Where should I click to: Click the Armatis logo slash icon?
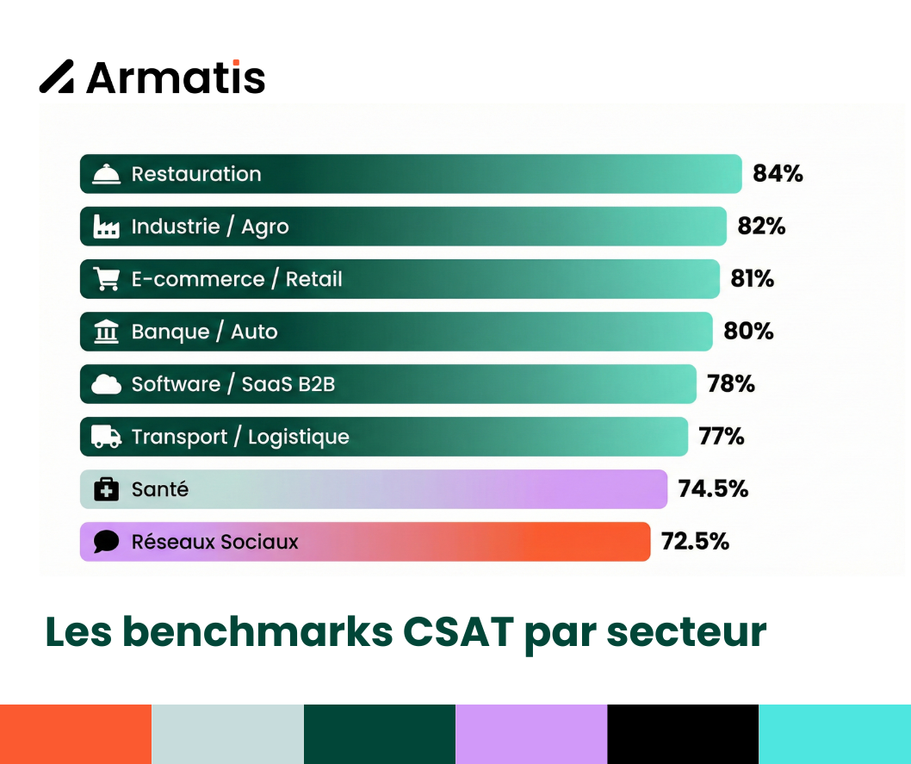(x=57, y=77)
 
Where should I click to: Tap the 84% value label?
(x=778, y=173)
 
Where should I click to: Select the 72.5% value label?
(x=695, y=542)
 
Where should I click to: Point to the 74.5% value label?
(x=713, y=489)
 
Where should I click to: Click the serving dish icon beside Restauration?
(x=106, y=174)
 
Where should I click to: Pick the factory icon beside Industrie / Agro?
(x=106, y=227)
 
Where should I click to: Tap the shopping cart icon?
(x=106, y=279)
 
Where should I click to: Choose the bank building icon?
(x=106, y=332)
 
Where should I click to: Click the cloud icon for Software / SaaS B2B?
(x=106, y=384)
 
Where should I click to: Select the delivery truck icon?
(x=106, y=437)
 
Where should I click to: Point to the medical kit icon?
(x=106, y=489)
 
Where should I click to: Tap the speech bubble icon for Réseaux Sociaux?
(x=106, y=542)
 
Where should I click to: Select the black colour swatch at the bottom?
(x=683, y=734)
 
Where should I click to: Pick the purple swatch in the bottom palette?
(x=531, y=734)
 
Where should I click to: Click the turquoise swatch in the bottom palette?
(x=834, y=734)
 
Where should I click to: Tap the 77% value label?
(x=722, y=437)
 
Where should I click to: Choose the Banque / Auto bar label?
(x=204, y=332)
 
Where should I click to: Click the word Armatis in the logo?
(x=176, y=78)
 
